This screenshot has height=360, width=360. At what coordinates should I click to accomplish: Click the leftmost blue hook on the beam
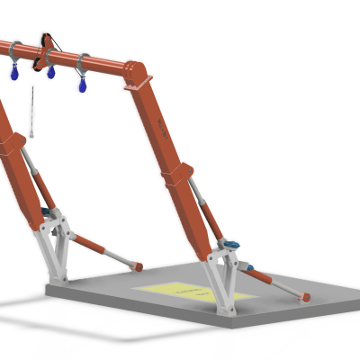pos(14,74)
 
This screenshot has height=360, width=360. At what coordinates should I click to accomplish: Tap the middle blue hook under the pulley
pos(51,72)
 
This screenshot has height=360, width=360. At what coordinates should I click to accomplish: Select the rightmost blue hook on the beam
pos(83,87)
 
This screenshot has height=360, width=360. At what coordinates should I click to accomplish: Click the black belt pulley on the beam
pos(44,51)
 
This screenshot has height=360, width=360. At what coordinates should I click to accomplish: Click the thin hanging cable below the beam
pos(32,112)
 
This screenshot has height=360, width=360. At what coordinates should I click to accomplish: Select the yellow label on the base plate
pos(193,292)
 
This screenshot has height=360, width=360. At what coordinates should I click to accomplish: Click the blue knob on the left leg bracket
pos(46,212)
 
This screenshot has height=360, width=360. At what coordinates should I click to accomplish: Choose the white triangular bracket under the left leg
pos(56,247)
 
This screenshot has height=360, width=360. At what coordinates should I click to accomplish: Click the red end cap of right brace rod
pos(306,297)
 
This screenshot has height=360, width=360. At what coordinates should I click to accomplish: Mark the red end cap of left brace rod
pos(139,266)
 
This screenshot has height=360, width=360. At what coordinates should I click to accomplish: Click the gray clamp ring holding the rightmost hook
pos(82,64)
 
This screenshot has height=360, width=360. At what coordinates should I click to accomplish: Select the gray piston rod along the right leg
pos(209,211)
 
